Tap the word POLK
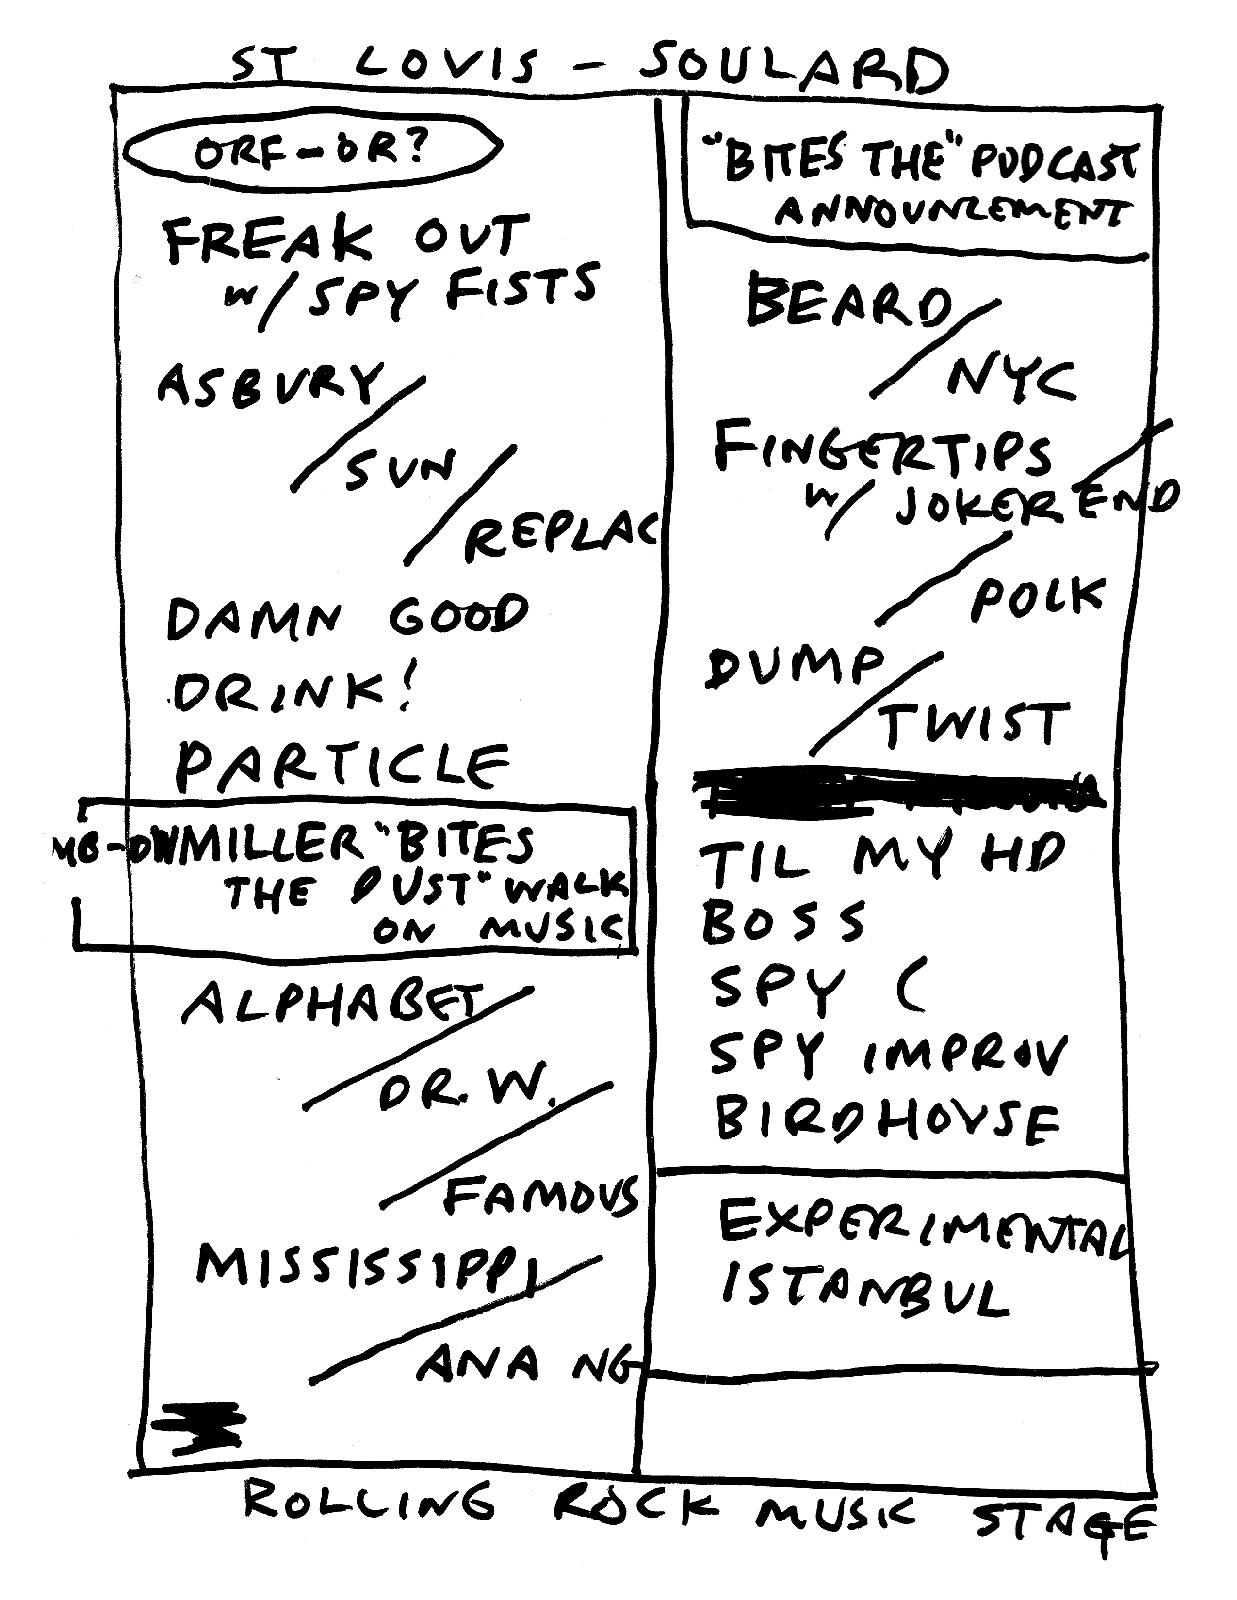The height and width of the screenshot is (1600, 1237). (1037, 597)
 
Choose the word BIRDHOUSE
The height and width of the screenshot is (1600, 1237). (887, 1121)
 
